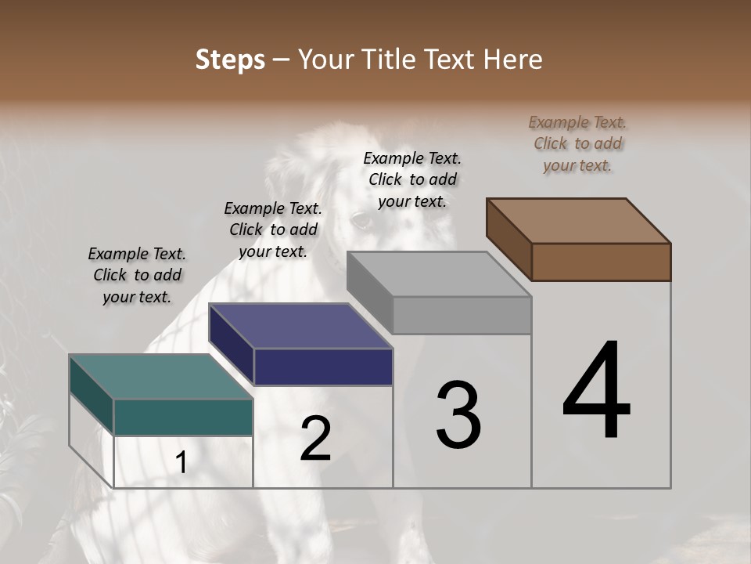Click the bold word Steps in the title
click(x=230, y=60)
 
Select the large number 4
click(x=597, y=392)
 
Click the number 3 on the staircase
click(x=458, y=415)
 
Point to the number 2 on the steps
click(x=315, y=439)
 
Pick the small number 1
click(x=181, y=463)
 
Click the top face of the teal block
click(x=160, y=376)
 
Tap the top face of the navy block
click(x=300, y=325)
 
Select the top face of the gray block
click(x=439, y=274)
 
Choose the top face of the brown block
click(x=578, y=220)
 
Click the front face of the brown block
click(x=601, y=262)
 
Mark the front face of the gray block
click(x=462, y=316)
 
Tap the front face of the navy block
click(x=323, y=367)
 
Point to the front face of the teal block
click(x=183, y=417)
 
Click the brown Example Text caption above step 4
click(x=577, y=143)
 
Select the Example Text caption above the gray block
click(x=412, y=179)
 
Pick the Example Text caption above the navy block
click(x=273, y=230)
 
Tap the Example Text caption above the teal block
click(x=137, y=275)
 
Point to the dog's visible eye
click(x=361, y=220)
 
